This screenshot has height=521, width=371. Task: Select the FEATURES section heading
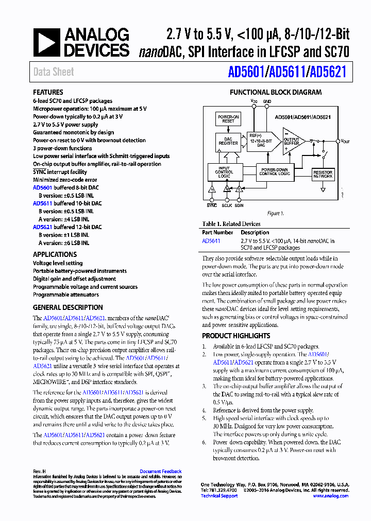[x=48, y=92]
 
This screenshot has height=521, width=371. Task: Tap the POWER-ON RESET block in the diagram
[x=228, y=119]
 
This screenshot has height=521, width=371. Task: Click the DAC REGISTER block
[x=228, y=141]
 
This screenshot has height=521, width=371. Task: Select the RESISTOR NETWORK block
[x=323, y=174]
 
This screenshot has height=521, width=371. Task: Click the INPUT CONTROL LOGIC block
[x=224, y=172]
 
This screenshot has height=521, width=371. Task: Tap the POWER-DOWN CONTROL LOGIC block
[x=275, y=171]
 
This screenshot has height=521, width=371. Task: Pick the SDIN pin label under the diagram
[x=239, y=205]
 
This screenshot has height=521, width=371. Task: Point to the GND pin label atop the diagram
[x=267, y=101]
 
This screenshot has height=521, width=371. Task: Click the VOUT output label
[x=345, y=141]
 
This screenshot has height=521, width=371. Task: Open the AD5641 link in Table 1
[x=211, y=240]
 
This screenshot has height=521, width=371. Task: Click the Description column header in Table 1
[x=255, y=233]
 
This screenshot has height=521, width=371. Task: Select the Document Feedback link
[x=160, y=471]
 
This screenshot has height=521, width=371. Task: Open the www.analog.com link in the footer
[x=330, y=496]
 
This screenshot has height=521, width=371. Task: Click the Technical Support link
[x=219, y=496]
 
